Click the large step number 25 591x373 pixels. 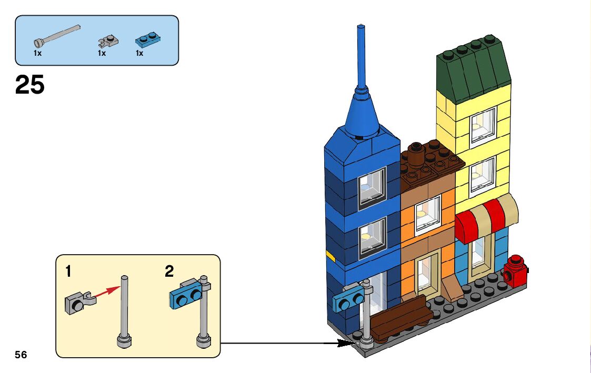(x=30, y=85)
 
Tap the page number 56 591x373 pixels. (x=21, y=355)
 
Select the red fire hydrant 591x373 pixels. (x=515, y=271)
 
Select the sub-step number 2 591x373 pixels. (x=169, y=271)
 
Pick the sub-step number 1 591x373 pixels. (x=68, y=271)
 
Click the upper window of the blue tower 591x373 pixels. (x=372, y=187)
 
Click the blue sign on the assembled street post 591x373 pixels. (x=347, y=301)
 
